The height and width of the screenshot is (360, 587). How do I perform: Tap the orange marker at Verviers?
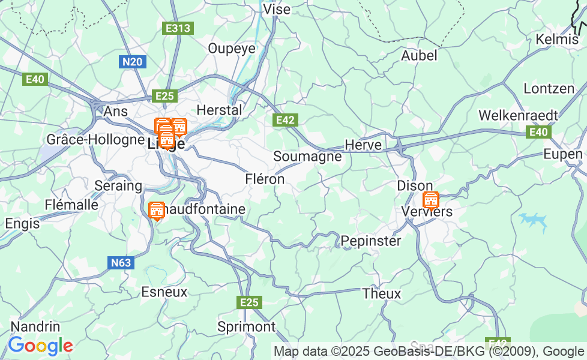point(430,200)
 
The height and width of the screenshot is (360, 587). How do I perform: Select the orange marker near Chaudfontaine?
point(157,210)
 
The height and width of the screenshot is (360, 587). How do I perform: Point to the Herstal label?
point(220,110)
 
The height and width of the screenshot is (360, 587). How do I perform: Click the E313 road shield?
point(178,28)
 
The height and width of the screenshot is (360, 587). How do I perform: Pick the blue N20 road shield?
point(132,62)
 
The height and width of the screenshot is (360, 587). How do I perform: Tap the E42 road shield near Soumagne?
point(285,120)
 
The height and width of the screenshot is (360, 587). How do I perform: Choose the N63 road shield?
point(121,262)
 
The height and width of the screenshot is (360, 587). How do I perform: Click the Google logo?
point(40,346)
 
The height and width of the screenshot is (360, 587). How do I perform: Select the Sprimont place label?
point(246,327)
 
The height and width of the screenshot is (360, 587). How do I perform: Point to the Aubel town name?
point(419,56)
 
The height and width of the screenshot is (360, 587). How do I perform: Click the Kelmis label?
point(556,40)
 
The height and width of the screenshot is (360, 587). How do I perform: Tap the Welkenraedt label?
point(518,115)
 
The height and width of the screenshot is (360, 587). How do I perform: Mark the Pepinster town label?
point(370,241)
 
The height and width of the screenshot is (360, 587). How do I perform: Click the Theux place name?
point(382,294)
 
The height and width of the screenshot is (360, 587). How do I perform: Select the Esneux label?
point(164,292)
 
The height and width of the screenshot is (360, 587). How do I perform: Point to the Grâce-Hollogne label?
point(95,140)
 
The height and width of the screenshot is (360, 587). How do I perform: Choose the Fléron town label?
point(265,179)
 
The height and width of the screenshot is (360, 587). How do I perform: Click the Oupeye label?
point(232,49)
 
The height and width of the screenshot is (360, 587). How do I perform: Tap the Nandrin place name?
point(35,327)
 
